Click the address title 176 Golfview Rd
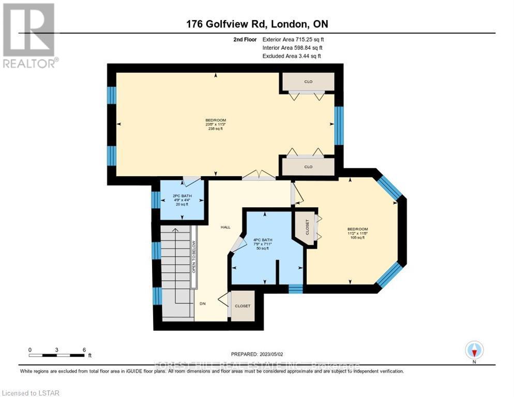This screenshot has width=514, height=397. tap(257, 24)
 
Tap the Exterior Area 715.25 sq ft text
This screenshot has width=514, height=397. tap(294, 39)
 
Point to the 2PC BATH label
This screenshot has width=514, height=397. tap(182, 196)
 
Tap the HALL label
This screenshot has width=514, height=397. tap(225, 227)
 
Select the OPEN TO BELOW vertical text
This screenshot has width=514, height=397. tap(194, 256)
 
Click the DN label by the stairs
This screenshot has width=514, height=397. tap(203, 303)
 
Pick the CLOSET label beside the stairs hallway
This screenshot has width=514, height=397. tap(243, 306)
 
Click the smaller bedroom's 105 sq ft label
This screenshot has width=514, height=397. tap(357, 238)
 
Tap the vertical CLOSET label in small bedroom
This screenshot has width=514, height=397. tap(307, 227)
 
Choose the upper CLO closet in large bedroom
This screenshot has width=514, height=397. tap(308, 81)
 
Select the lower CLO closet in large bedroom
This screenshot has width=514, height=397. tap(308, 166)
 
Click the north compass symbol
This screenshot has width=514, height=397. tap(474, 350)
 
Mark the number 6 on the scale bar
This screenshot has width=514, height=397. tap(84, 349)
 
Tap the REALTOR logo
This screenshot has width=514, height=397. tap(29, 35)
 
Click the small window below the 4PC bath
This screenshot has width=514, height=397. tap(295, 289)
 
